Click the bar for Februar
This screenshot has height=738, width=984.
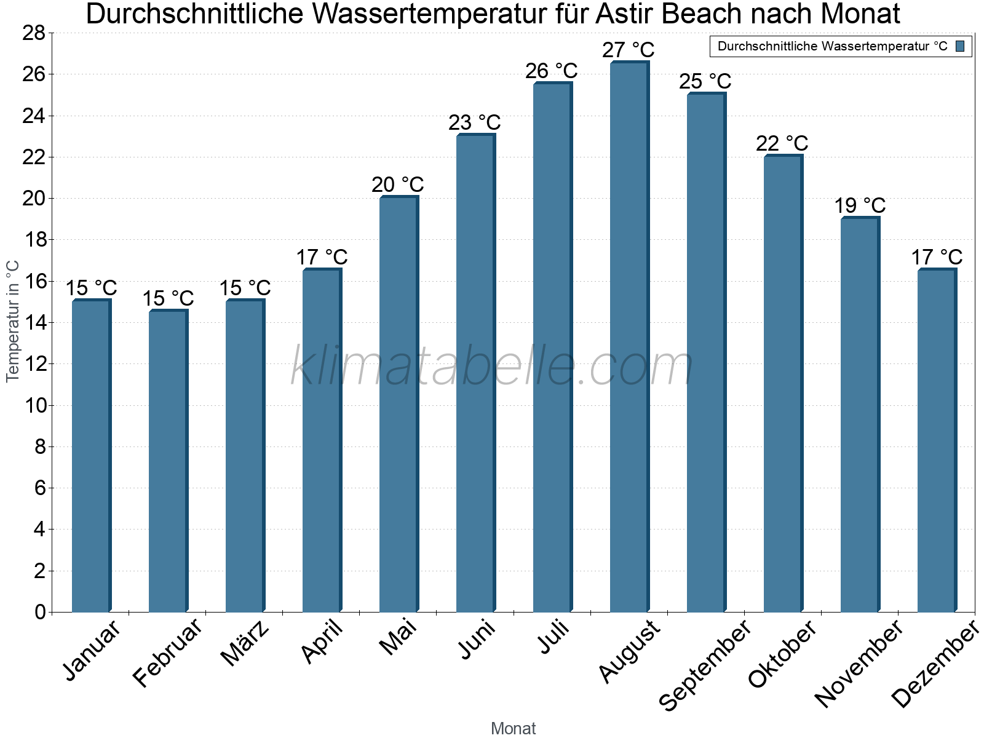coord(167,461)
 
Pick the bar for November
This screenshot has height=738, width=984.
coord(859,415)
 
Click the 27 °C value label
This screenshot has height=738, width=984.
coord(628,50)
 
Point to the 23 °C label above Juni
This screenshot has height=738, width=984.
coord(474,122)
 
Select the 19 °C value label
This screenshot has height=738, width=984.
coord(859,205)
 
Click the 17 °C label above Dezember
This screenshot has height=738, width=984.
coord(936,257)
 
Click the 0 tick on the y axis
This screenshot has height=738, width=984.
coord(40,612)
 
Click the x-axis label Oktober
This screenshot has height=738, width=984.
coord(782,654)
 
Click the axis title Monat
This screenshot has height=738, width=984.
coord(513,729)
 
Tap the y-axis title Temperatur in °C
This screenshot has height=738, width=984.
coord(12,321)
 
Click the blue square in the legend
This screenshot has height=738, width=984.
coord(960,46)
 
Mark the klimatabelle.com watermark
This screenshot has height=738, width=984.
coord(491,367)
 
